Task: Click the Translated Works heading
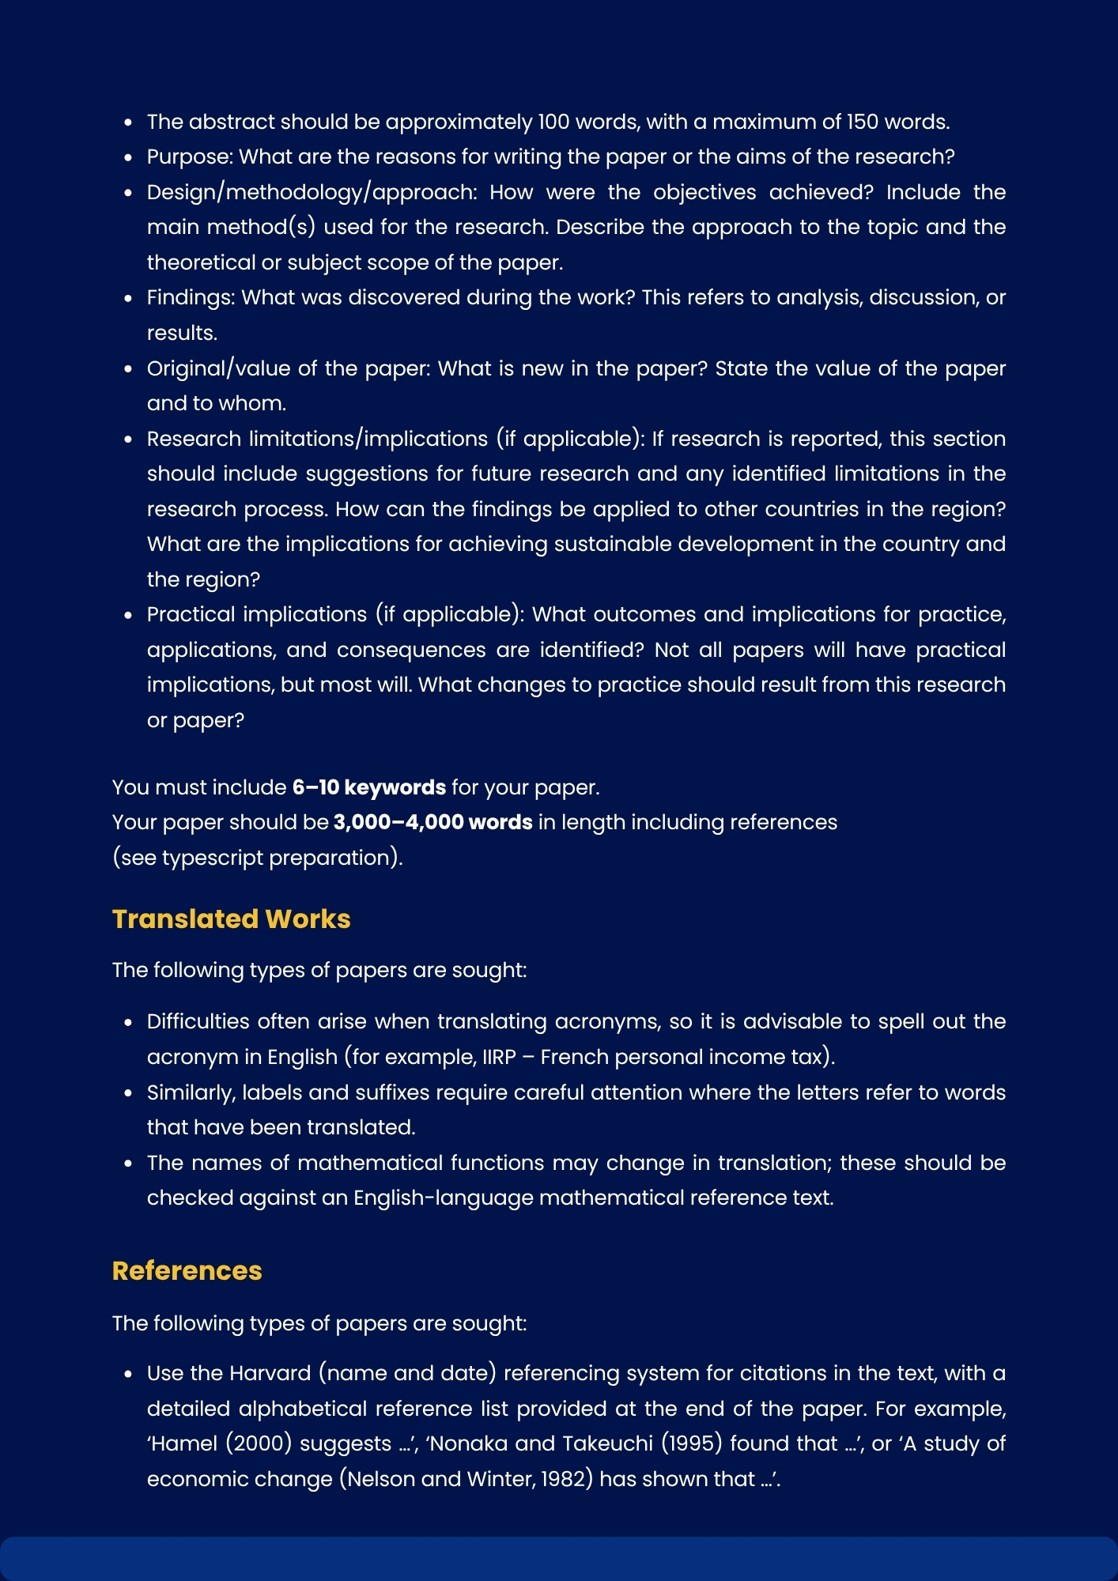[x=231, y=919]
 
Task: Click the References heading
[x=187, y=1270]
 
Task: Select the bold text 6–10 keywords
[x=368, y=787]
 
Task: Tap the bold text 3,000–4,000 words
[x=432, y=822]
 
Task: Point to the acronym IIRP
[x=499, y=1057]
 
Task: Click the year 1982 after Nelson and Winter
[x=566, y=1479]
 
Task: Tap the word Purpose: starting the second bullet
[x=190, y=157]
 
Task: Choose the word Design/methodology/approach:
[x=312, y=192]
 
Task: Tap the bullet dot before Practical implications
[x=128, y=615]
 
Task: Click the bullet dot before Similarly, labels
[x=128, y=1093]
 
